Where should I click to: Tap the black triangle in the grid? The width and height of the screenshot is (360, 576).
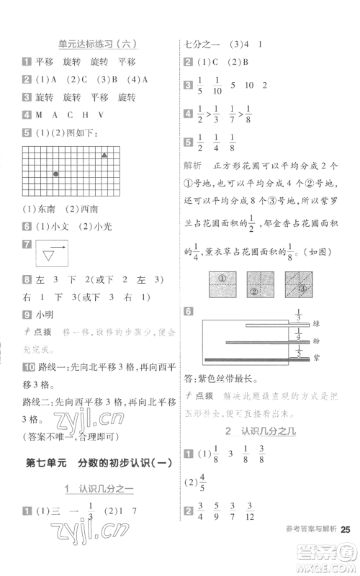coord(105,155)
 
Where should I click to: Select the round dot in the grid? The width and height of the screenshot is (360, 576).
coord(56,174)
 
